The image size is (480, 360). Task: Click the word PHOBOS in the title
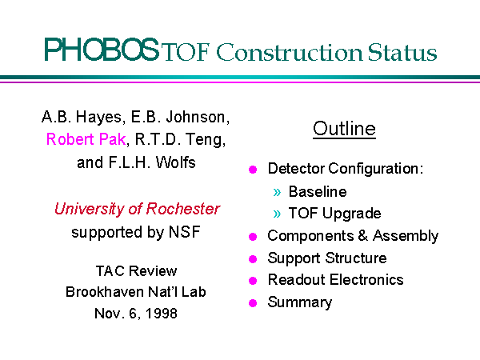point(102,50)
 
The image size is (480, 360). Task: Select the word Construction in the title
point(290,52)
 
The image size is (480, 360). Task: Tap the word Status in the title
point(402,52)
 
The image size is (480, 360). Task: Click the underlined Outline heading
point(344,129)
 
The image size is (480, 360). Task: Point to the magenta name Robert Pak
point(86,139)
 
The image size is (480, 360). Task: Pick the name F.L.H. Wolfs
point(152,162)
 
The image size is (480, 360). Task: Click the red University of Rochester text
point(137,209)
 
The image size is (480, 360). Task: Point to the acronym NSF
point(185,232)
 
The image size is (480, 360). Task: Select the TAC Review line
point(136,271)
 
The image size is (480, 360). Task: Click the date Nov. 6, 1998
point(136,313)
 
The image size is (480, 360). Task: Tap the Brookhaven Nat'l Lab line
point(136,292)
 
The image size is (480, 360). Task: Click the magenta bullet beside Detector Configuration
point(253,170)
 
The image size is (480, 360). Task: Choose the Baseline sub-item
point(318,192)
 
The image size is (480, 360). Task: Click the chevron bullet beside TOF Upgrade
point(277,214)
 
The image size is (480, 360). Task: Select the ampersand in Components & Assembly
point(362,235)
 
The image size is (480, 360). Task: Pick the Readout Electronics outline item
point(335,279)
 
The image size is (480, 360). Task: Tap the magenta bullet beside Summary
point(253,303)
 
